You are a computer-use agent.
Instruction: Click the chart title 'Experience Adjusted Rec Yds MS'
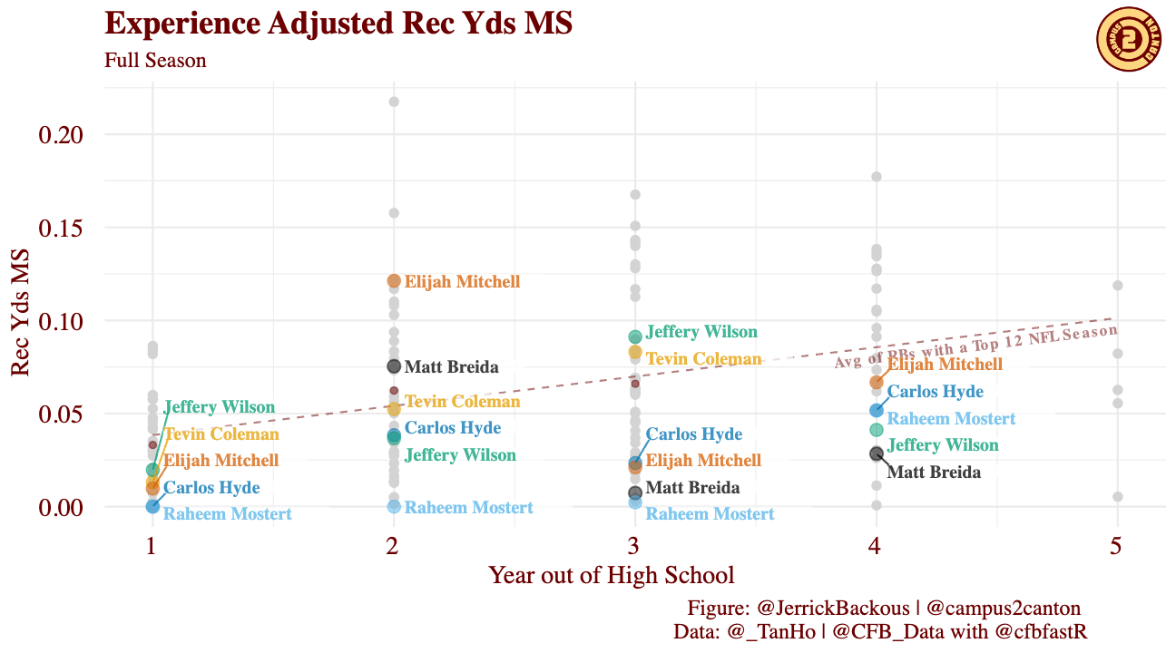point(338,24)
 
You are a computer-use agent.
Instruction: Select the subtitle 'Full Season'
point(155,61)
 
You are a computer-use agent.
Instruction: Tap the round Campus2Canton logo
point(1130,39)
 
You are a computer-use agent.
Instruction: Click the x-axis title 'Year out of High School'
point(611,575)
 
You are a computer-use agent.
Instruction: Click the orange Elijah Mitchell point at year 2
point(394,281)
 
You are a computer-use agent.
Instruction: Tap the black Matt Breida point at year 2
point(394,366)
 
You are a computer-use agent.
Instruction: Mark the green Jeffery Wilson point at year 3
point(635,336)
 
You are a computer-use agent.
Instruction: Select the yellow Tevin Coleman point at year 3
point(635,352)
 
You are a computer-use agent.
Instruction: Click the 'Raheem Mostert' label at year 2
point(468,508)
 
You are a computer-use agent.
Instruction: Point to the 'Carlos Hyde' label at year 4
point(935,392)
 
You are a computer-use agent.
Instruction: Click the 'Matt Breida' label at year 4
point(933,472)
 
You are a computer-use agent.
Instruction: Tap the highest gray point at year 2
point(394,102)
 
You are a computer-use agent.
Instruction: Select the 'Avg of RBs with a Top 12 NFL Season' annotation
point(975,346)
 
